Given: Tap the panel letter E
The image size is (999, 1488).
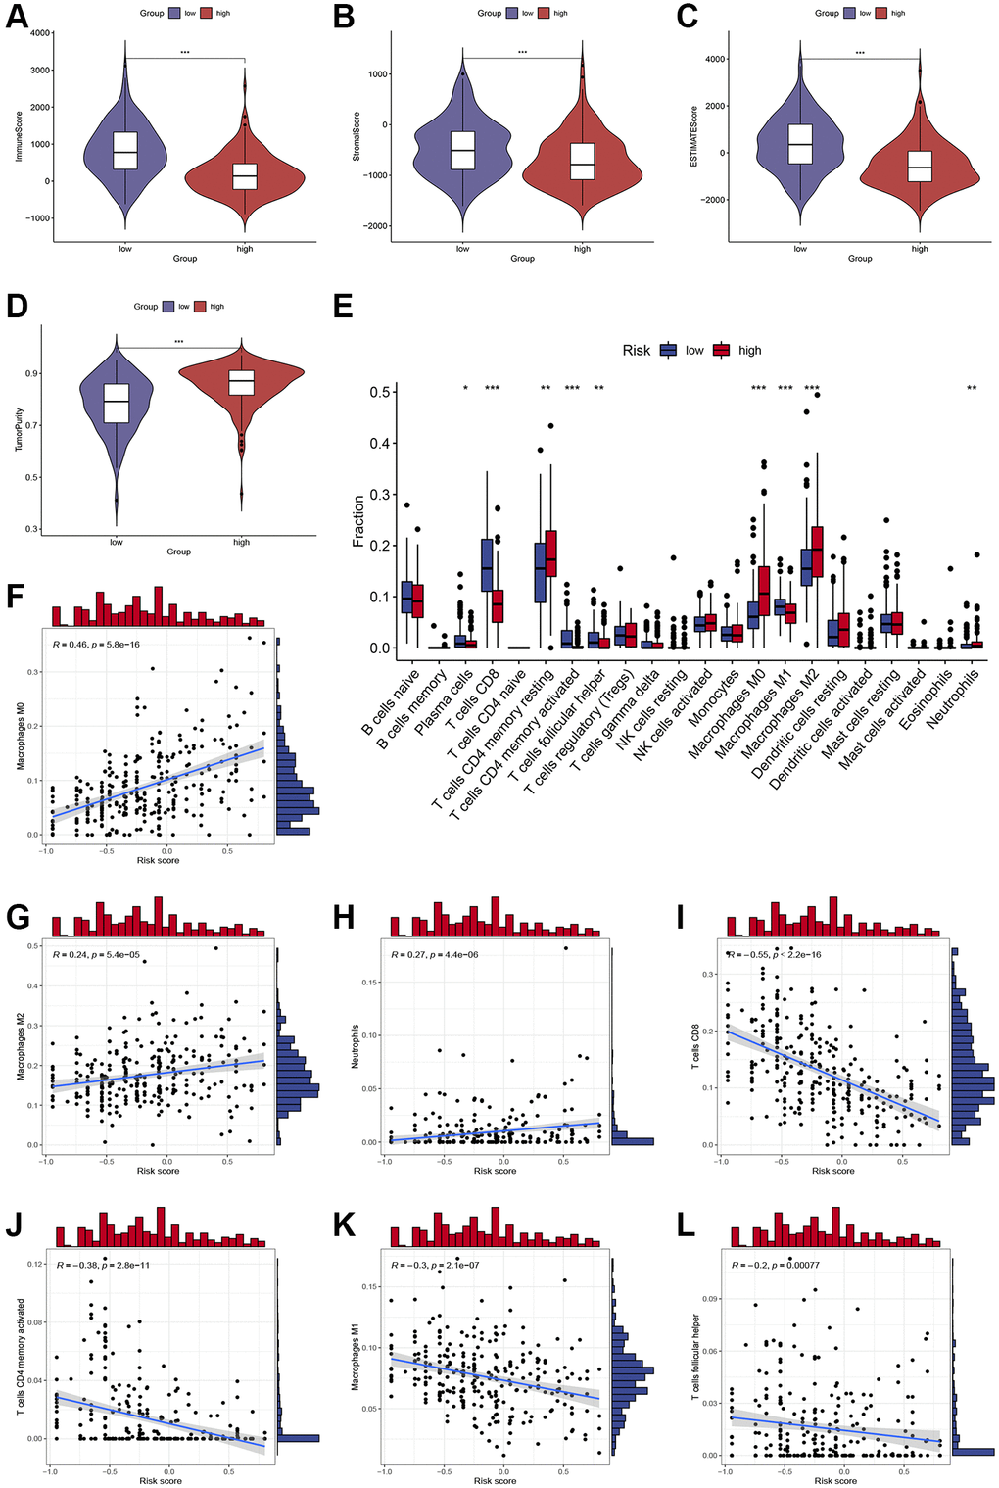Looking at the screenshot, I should (342, 307).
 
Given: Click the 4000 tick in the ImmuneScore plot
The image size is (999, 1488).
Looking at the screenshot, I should (40, 33).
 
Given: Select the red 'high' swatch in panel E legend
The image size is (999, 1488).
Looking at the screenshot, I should (722, 350).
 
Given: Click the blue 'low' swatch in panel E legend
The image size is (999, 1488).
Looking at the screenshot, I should (669, 350).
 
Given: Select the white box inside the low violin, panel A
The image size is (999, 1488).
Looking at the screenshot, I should (125, 151).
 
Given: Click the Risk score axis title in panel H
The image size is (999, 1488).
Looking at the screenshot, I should (495, 1171).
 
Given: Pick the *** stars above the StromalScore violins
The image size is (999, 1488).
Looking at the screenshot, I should (522, 52).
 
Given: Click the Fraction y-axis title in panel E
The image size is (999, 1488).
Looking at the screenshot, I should (358, 520).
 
